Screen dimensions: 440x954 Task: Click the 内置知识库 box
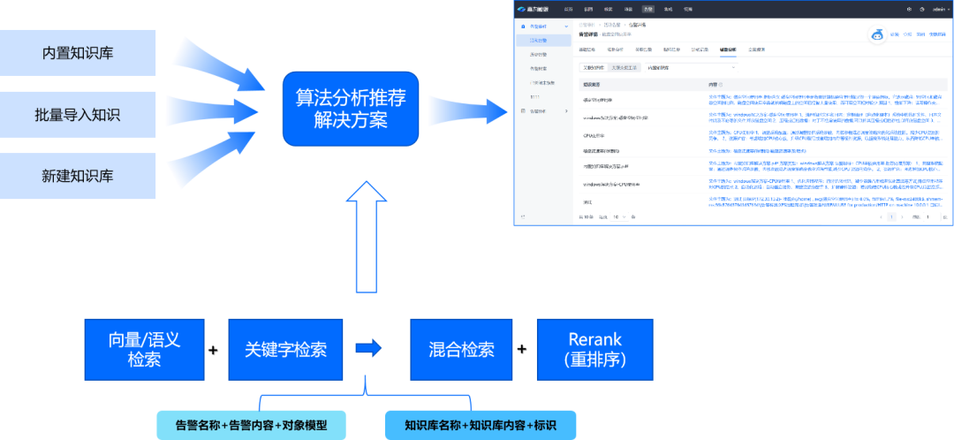point(78,53)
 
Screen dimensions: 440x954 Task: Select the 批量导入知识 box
point(78,114)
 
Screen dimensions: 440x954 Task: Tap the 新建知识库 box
point(78,175)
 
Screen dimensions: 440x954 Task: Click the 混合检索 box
point(455,349)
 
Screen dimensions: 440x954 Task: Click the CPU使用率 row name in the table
point(594,135)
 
